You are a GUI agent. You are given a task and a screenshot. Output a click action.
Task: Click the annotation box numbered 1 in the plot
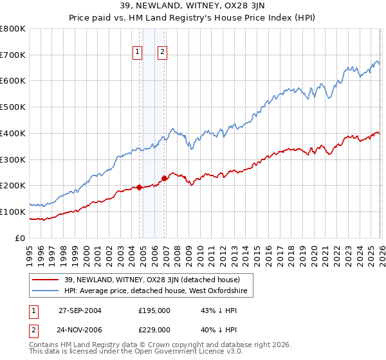coord(138,53)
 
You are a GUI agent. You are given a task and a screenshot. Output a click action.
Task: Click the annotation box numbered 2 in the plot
coord(162,53)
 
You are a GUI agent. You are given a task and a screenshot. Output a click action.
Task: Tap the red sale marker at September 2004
coord(140,187)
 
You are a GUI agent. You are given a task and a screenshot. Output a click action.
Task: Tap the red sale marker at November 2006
coord(164,178)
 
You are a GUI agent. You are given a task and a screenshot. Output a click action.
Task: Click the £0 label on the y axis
coord(21,238)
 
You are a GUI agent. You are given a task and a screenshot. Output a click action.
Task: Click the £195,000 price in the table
coord(154,310)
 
